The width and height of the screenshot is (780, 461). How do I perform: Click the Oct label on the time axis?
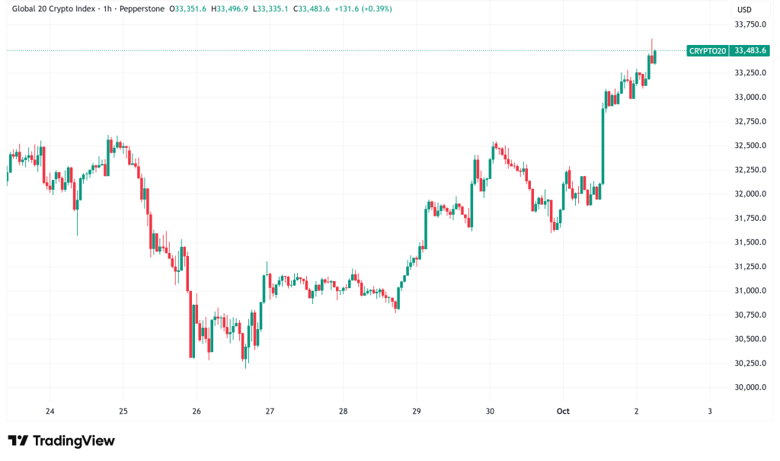[563, 411]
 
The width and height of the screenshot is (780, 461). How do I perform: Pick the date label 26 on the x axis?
[197, 411]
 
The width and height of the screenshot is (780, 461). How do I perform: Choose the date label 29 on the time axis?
[416, 411]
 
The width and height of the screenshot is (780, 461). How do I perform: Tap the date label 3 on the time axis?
[709, 411]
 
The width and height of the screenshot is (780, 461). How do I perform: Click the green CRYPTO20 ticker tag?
[708, 50]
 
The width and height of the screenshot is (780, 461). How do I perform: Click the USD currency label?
[743, 9]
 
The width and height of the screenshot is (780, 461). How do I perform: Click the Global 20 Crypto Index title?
[54, 9]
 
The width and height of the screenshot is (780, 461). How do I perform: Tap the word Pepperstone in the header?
[145, 9]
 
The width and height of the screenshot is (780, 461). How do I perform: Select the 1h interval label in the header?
[109, 9]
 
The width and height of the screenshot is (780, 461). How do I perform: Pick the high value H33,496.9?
[238, 9]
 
